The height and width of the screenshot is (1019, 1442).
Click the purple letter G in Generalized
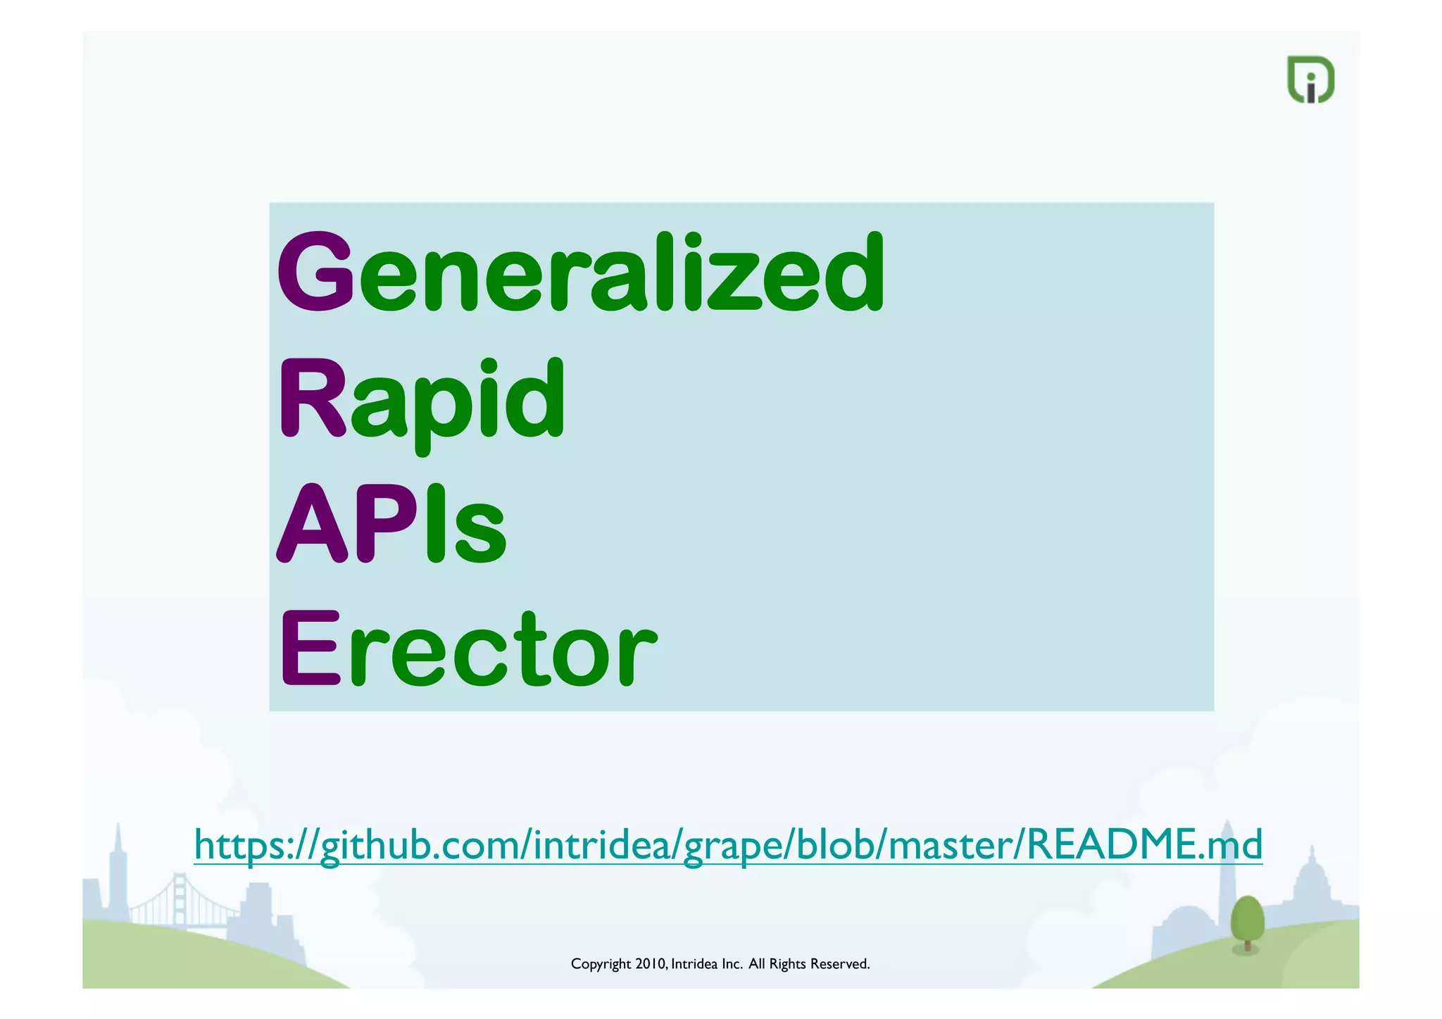tap(315, 270)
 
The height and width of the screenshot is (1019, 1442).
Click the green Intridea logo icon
tap(1310, 80)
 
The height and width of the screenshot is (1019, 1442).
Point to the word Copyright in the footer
tap(601, 964)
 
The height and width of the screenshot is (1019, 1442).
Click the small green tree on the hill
tap(1247, 920)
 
